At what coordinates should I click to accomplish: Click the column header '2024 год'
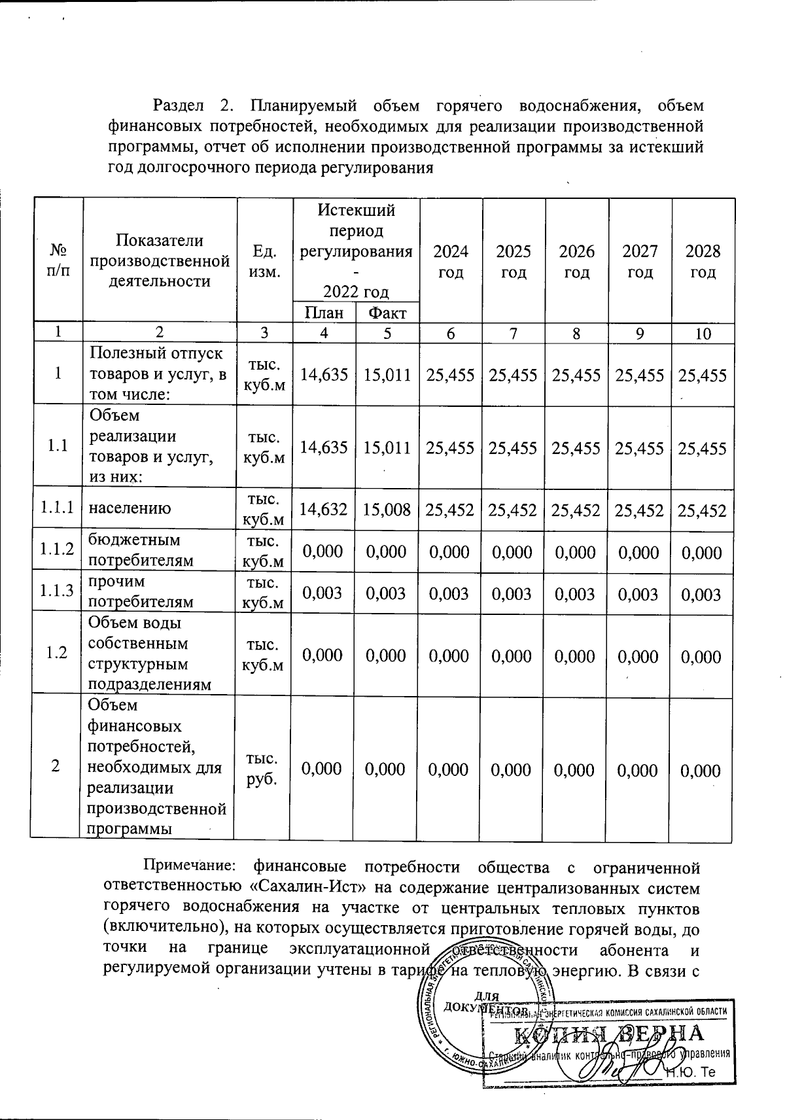[450, 262]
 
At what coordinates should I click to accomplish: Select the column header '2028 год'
[703, 262]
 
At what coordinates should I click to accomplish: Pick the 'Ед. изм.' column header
[264, 262]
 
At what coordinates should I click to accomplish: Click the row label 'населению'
[130, 508]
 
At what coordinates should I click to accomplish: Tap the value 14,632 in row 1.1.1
[324, 510]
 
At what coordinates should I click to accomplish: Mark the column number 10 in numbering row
[703, 334]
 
